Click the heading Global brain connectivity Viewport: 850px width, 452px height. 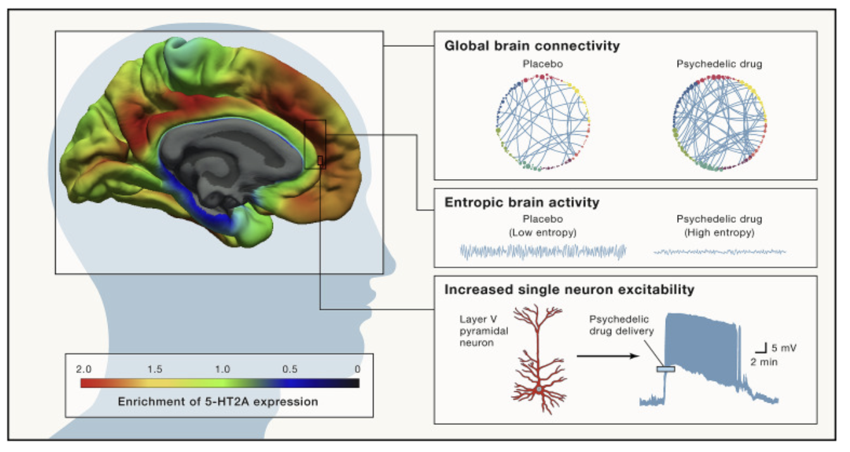pos(532,46)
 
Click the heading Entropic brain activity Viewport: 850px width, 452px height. pos(522,203)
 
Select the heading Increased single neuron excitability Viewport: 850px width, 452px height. pos(569,290)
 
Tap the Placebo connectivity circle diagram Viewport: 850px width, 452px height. pos(543,122)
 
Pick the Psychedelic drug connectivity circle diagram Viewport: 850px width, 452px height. pos(720,123)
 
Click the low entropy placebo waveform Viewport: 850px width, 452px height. pos(543,251)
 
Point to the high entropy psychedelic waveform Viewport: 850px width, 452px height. pos(720,251)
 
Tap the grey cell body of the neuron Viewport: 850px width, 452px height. pos(539,389)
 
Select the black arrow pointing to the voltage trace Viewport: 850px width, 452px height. pos(608,356)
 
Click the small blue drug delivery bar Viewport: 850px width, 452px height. pos(666,369)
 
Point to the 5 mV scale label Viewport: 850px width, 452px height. pos(783,348)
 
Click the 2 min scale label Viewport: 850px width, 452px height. pos(764,362)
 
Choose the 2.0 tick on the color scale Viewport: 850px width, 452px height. pos(84,369)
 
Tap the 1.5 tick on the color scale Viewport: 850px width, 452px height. pos(155,369)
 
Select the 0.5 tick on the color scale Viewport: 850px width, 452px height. pos(289,369)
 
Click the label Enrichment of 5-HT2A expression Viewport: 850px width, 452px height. pos(218,401)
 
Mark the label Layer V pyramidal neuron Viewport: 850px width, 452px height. pos(484,331)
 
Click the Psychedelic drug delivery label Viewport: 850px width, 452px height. pos(621,325)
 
